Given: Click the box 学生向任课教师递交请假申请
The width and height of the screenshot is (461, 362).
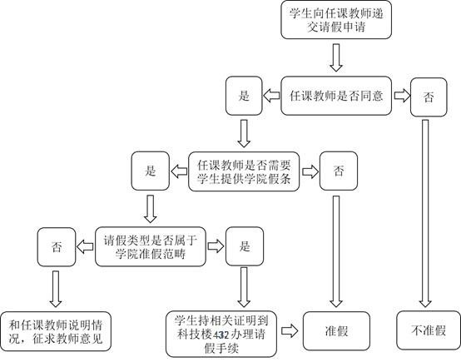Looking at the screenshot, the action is click(336, 20).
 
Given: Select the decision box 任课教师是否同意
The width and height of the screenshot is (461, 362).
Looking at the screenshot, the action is click(336, 96).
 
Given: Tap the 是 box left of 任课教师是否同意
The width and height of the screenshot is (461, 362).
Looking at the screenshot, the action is click(244, 96).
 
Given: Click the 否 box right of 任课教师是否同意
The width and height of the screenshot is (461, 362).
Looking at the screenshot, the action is click(429, 97).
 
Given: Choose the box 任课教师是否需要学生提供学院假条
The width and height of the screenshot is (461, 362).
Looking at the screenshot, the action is click(244, 171).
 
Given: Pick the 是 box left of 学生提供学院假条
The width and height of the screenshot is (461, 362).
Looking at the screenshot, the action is click(151, 171).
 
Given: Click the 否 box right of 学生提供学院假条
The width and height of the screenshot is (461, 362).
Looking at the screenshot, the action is click(339, 171).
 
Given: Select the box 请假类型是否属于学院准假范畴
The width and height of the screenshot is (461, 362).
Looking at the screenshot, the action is click(151, 246).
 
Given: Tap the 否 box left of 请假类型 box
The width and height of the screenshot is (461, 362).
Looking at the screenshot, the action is click(57, 247).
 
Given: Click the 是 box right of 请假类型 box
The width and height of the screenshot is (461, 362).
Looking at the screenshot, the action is click(245, 246).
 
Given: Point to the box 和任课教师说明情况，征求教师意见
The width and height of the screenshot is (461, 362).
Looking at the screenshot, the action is click(56, 331).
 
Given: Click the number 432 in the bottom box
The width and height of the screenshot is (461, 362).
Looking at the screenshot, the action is click(221, 335).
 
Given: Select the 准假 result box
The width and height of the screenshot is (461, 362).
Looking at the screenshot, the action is click(336, 331).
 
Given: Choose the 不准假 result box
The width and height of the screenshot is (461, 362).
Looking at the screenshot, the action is click(429, 330).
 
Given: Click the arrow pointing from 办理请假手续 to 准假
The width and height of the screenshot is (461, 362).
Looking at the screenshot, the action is click(290, 331).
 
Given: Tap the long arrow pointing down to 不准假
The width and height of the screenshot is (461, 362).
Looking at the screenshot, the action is click(425, 214).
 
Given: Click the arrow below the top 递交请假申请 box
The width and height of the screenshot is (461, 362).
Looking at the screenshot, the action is click(336, 57).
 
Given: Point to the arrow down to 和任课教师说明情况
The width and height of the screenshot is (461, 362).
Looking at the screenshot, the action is click(56, 289).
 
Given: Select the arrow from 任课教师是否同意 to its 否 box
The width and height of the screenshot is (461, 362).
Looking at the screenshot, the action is click(402, 96).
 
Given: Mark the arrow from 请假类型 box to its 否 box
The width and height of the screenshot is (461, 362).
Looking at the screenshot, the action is click(85, 246).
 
